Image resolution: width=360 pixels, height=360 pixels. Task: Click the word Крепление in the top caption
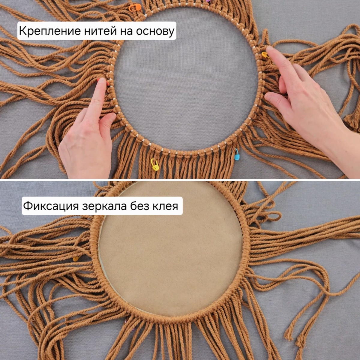tap(50, 31)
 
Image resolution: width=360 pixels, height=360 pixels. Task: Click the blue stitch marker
tap(237, 154)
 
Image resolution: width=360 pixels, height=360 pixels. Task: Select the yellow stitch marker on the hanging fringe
tap(155, 165)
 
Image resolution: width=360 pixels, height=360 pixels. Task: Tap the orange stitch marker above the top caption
tap(135, 8)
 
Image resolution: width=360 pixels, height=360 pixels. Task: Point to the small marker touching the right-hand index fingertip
tap(265, 55)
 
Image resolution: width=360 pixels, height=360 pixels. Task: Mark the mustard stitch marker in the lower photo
tap(76, 259)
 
